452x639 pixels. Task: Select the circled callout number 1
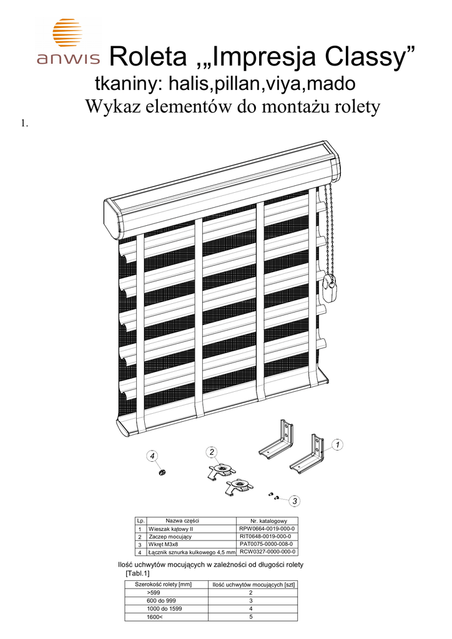(337, 444)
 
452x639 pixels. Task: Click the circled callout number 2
(212, 452)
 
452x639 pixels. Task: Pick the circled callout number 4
(152, 456)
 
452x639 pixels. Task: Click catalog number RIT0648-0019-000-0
(267, 536)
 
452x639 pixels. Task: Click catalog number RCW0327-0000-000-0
(267, 552)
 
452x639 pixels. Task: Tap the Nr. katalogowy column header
(268, 521)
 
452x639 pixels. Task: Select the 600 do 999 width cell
(162, 601)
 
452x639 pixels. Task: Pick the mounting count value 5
(250, 617)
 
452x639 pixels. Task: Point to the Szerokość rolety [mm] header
(163, 584)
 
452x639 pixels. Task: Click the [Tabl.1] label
(138, 573)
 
